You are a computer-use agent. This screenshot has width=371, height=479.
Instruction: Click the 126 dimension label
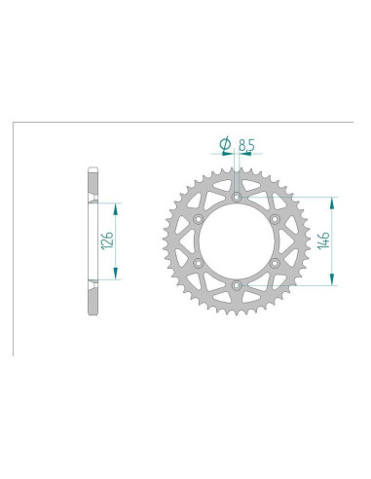click(x=107, y=240)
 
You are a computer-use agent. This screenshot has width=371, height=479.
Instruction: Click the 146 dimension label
click(x=324, y=240)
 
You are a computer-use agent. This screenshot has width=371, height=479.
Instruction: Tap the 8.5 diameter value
click(x=246, y=145)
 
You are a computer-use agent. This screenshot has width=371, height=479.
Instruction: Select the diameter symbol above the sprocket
click(x=225, y=144)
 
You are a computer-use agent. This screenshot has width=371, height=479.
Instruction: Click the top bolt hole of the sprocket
click(x=237, y=197)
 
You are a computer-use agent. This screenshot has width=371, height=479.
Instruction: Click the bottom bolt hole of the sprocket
click(x=237, y=285)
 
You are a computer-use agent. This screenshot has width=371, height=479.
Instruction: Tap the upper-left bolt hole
click(x=198, y=219)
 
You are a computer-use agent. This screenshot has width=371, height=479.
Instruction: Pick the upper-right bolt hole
click(x=275, y=219)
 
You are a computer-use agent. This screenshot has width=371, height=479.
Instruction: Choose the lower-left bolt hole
click(x=198, y=263)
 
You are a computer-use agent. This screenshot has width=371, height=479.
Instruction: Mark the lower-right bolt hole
click(x=275, y=263)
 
